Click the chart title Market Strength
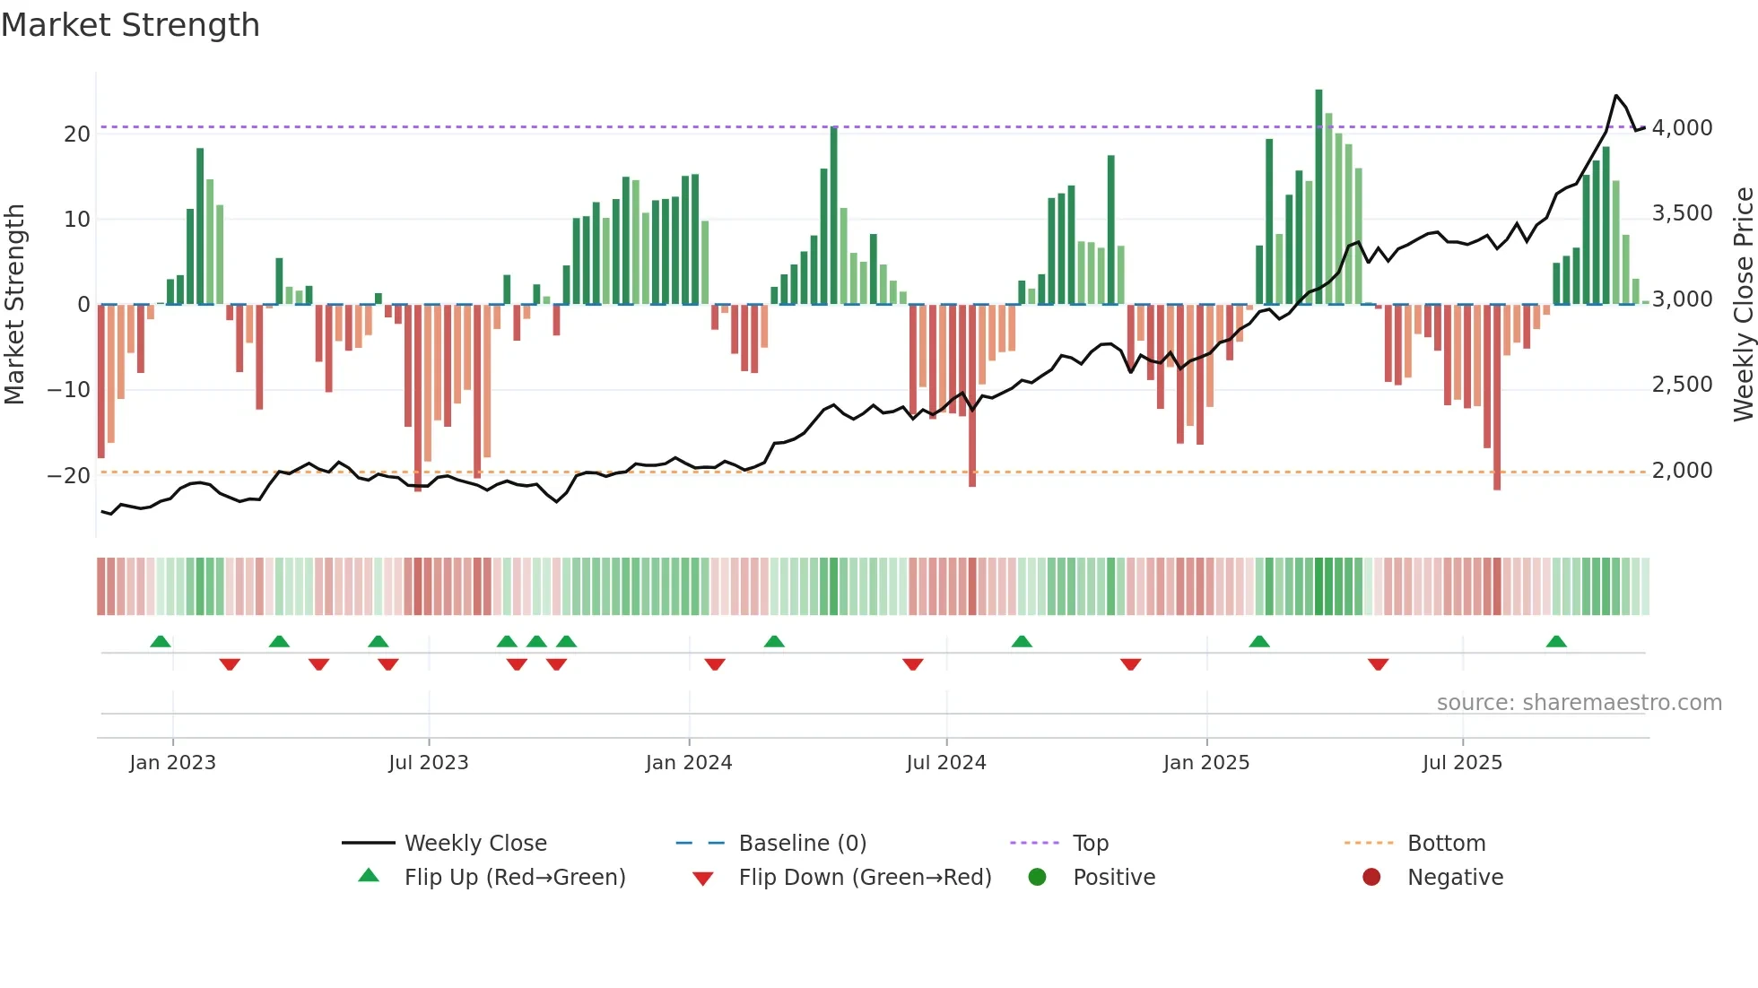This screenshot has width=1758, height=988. click(131, 25)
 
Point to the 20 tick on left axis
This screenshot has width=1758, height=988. click(77, 134)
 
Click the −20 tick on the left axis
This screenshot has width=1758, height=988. click(69, 476)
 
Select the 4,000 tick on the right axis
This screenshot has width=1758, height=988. click(1682, 128)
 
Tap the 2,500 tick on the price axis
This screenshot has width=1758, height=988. click(1682, 385)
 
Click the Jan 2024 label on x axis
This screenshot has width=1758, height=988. click(688, 763)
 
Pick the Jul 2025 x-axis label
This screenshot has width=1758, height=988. click(1461, 763)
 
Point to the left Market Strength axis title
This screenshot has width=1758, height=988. click(15, 305)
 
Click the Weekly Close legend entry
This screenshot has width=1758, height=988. click(474, 844)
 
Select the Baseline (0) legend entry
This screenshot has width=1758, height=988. click(802, 844)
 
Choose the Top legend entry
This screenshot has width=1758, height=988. click(1090, 844)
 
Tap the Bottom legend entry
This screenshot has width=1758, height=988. click(1446, 844)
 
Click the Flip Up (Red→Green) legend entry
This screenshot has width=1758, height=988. click(514, 878)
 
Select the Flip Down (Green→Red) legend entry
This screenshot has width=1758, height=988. click(865, 878)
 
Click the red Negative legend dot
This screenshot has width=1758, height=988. click(1371, 878)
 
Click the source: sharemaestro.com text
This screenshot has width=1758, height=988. click(1579, 703)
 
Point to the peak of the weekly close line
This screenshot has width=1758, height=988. click(1616, 96)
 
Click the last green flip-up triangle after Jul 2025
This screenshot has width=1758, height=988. click(1556, 642)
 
